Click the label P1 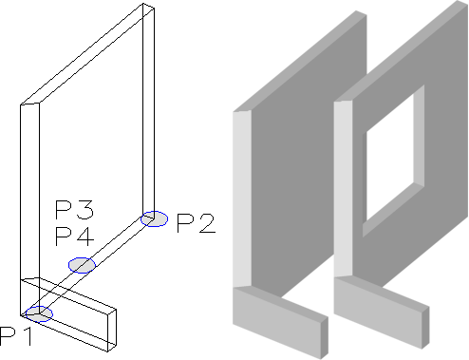(16, 336)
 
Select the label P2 (197, 223)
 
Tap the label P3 (75, 210)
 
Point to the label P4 (75, 237)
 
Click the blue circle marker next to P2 (155, 218)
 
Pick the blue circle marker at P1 (39, 314)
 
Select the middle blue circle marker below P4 (82, 265)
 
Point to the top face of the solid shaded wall (300, 61)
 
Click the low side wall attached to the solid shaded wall (280, 320)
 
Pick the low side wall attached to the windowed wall (382, 312)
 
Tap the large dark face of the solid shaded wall (309, 159)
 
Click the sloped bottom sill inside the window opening (393, 210)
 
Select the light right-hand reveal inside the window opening (419, 137)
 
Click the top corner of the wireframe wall (143, 3)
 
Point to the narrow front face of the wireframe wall (29, 209)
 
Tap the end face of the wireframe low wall (112, 331)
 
